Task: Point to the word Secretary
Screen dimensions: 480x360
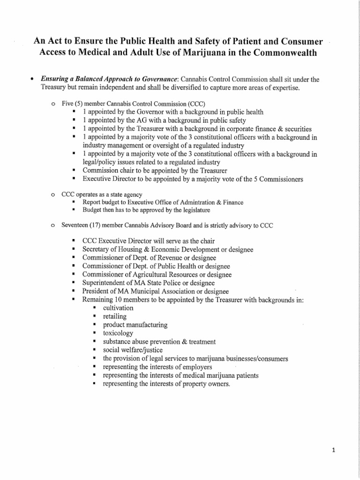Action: pyautogui.click(x=97, y=249)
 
